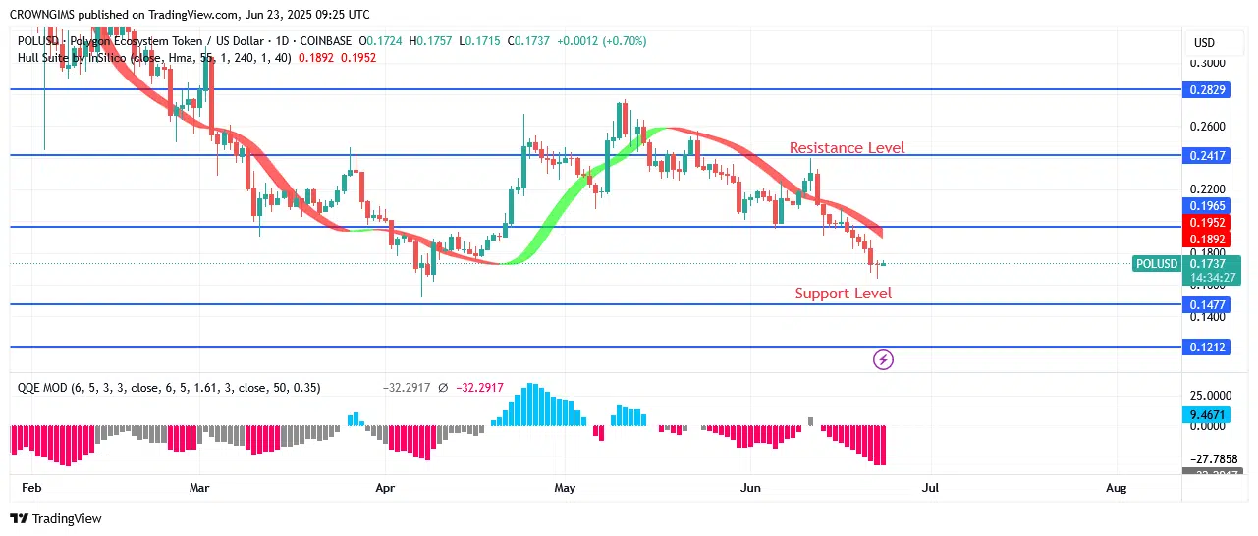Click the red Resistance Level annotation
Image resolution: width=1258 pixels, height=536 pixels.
(847, 148)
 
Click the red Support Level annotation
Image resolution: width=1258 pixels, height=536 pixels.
(843, 294)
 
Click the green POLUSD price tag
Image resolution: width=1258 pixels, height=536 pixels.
(1156, 264)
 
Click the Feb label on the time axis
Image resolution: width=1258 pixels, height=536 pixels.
(30, 487)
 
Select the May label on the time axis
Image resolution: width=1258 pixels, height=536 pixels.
(565, 487)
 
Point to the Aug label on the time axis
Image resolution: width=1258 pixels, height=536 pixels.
(1116, 487)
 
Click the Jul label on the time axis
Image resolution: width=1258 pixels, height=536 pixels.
(930, 487)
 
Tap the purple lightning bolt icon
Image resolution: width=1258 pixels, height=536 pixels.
(883, 360)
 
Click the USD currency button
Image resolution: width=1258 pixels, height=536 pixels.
(1204, 43)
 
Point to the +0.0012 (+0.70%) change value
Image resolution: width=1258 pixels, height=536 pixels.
(601, 41)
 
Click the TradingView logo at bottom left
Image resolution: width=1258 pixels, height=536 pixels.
(56, 518)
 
